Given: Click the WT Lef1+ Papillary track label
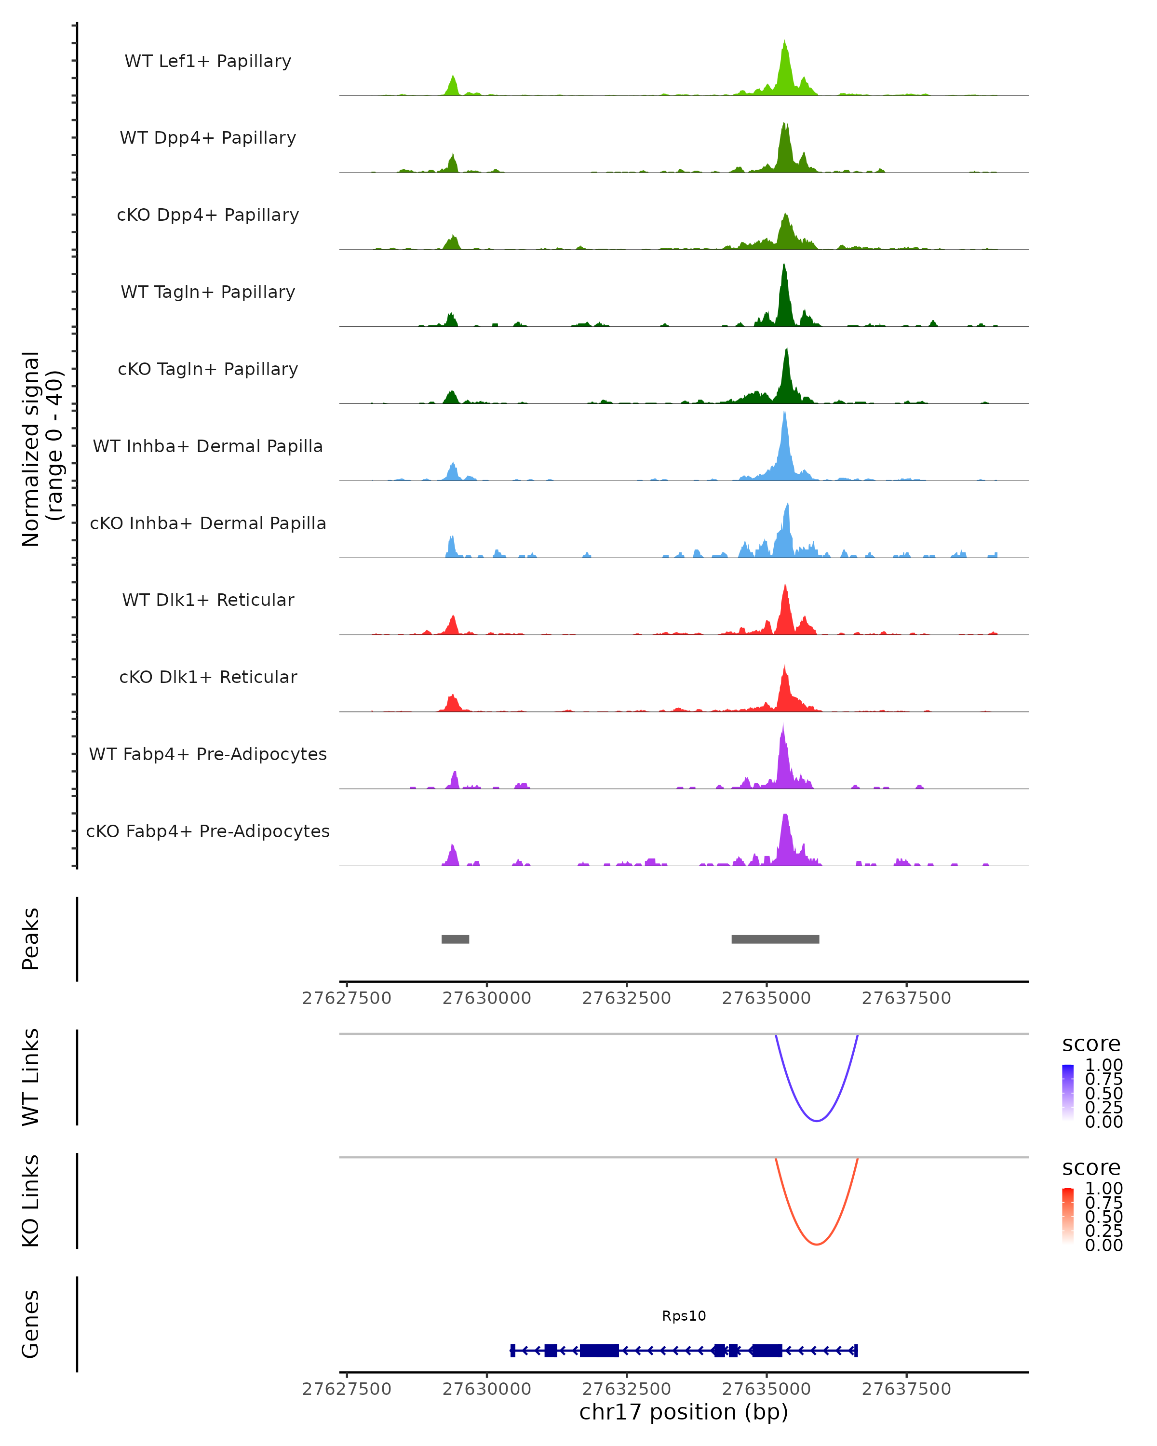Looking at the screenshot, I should pyautogui.click(x=208, y=61).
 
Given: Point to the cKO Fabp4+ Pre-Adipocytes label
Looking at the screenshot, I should pyautogui.click(x=208, y=831).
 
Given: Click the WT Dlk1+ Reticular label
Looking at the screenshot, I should pyautogui.click(x=208, y=600).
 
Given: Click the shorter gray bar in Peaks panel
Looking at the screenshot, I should pyautogui.click(x=456, y=939).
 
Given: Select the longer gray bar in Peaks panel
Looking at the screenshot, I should pyautogui.click(x=775, y=939).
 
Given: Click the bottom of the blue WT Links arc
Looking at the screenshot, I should pyautogui.click(x=816, y=1121).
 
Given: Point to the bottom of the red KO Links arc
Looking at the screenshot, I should pyautogui.click(x=816, y=1244).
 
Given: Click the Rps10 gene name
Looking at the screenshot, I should pyautogui.click(x=684, y=1316).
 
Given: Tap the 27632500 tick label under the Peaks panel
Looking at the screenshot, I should pyautogui.click(x=626, y=999).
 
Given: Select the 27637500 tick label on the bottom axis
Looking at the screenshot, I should pyautogui.click(x=906, y=1389).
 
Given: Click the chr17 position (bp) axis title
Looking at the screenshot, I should pyautogui.click(x=684, y=1412).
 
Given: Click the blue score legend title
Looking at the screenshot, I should pyautogui.click(x=1091, y=1044).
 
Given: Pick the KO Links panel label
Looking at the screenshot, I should pyautogui.click(x=31, y=1201).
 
